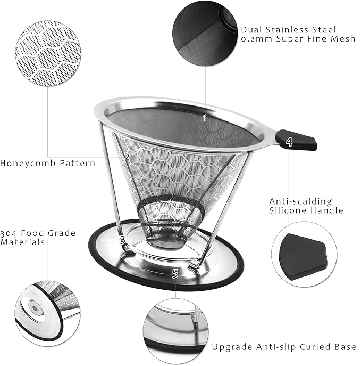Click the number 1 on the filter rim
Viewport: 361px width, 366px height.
[205, 118]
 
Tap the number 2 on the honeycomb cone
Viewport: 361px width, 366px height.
[127, 157]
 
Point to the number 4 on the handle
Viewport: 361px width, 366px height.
[289, 142]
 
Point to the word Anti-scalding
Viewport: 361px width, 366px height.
[300, 201]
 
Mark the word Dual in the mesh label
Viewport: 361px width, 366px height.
[253, 30]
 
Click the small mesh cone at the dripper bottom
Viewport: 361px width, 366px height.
[165, 224]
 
